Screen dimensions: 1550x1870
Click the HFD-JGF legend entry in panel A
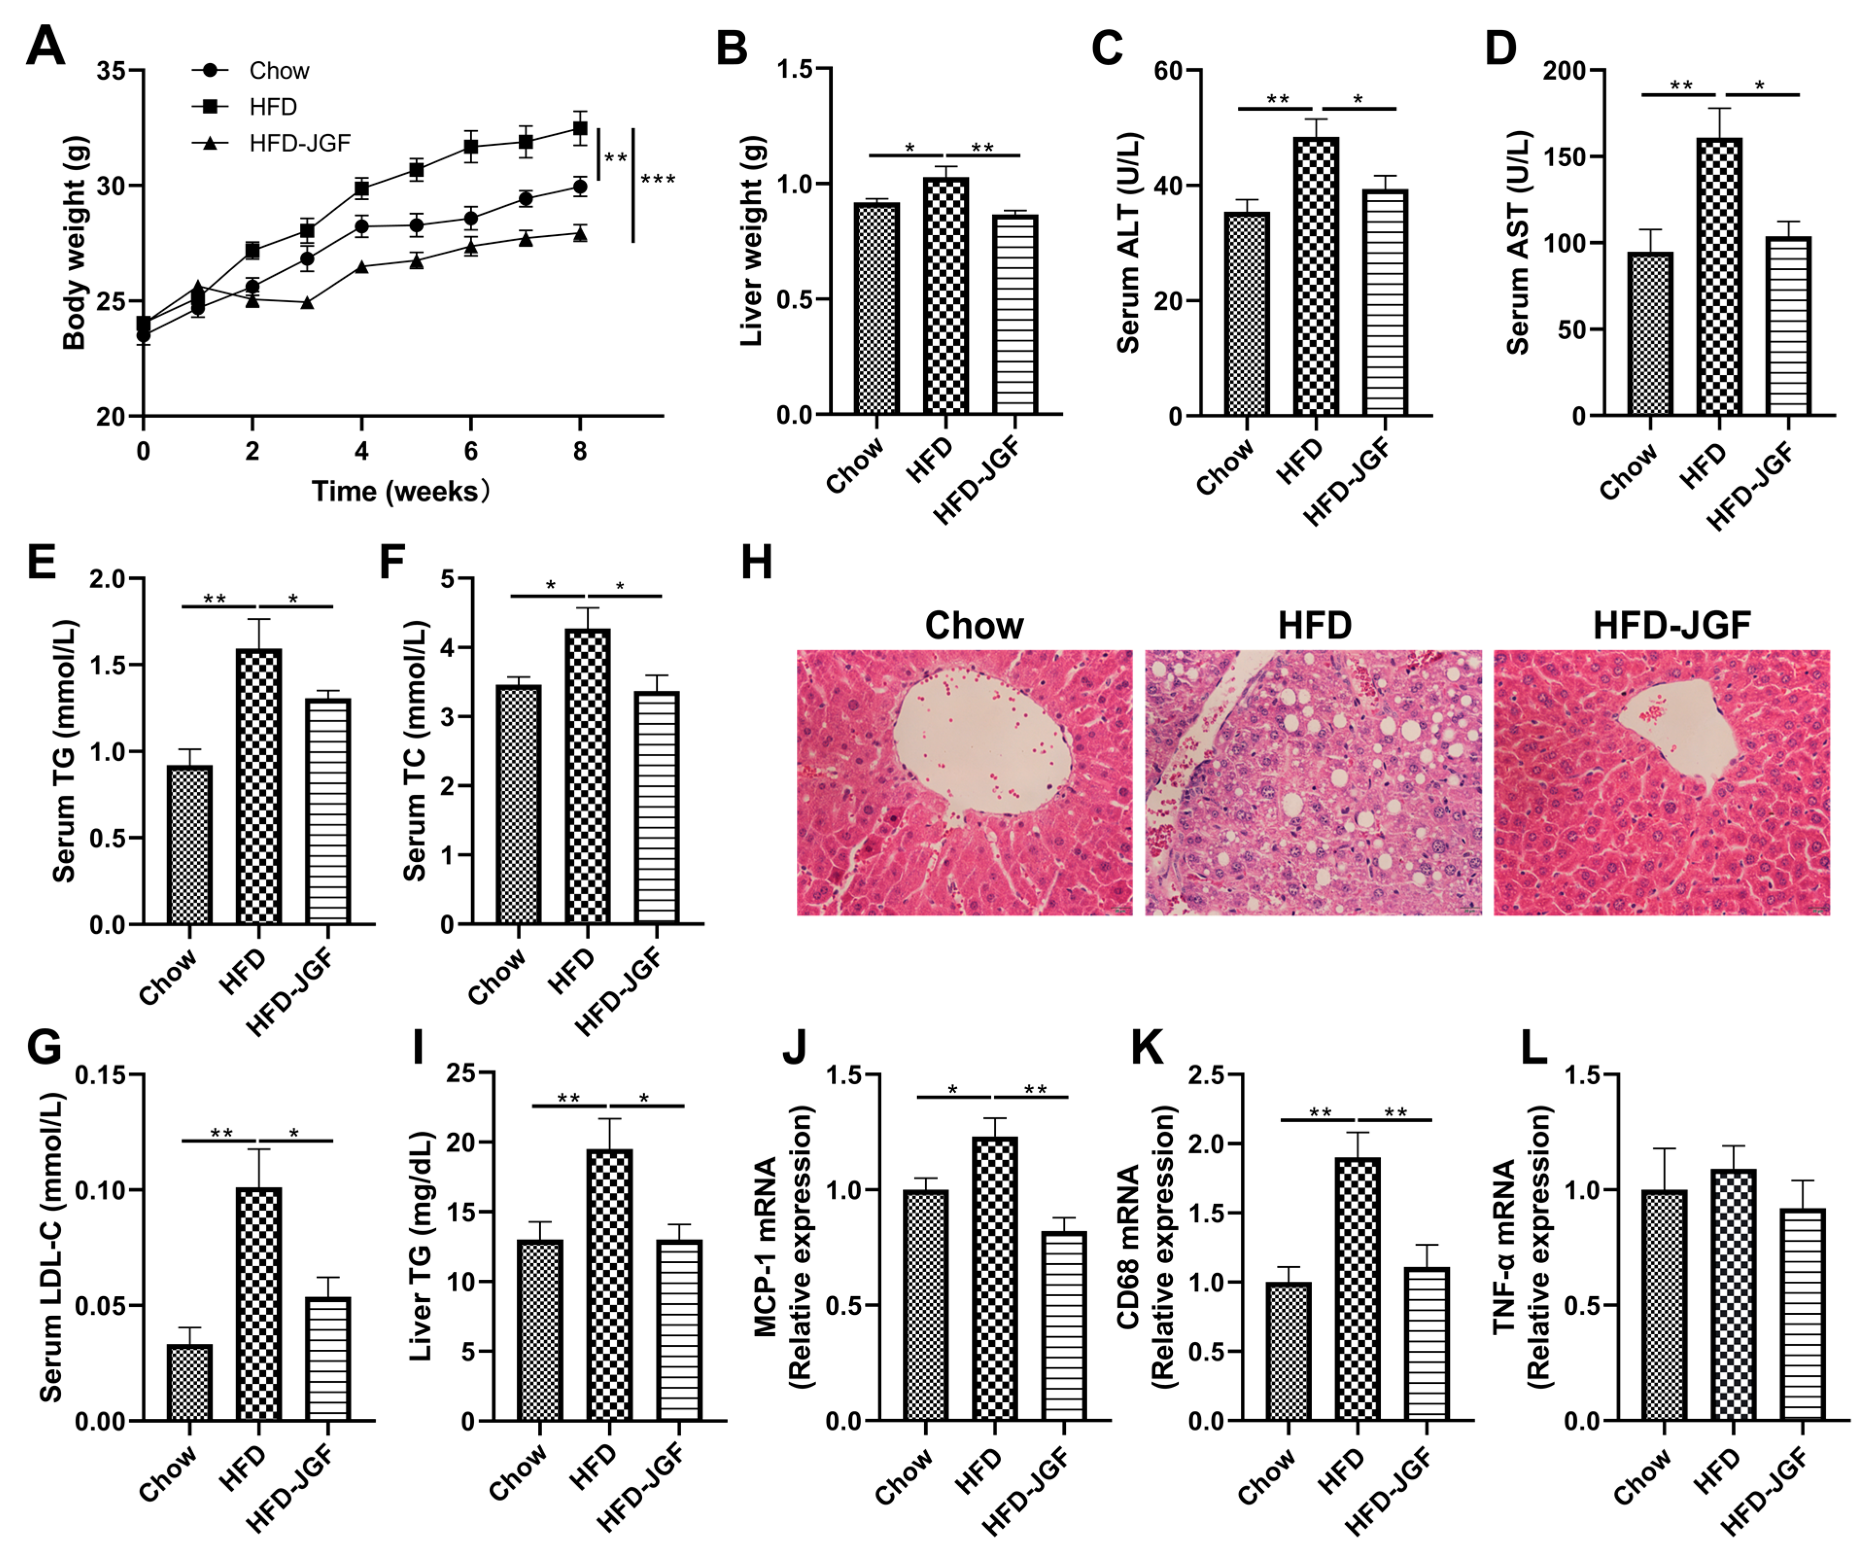click(299, 142)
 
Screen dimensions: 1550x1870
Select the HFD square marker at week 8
click(580, 128)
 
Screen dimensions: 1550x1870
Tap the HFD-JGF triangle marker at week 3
click(307, 303)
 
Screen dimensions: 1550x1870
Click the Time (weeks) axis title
click(400, 491)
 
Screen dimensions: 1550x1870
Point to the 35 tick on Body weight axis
click(110, 70)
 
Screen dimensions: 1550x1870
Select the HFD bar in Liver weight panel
click(945, 296)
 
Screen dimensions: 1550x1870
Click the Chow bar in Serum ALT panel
click(1247, 313)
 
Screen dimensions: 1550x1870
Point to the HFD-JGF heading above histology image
click(1671, 626)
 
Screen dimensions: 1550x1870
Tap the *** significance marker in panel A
click(658, 180)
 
